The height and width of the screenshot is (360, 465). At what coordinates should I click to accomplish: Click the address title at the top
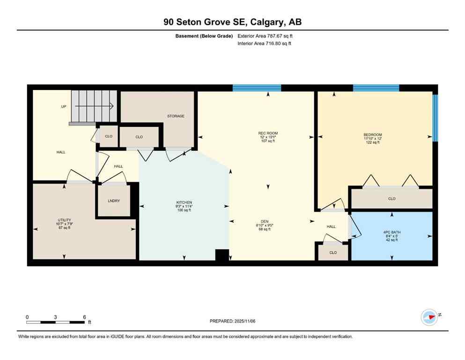[232, 22]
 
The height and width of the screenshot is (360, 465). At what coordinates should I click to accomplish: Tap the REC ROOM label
[268, 133]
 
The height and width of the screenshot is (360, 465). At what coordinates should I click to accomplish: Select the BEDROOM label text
[373, 135]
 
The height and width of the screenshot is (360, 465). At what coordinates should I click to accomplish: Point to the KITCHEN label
[183, 202]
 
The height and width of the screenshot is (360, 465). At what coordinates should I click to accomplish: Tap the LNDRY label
[114, 201]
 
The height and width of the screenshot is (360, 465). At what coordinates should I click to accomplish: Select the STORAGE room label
[176, 116]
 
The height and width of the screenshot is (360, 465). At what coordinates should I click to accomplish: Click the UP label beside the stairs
[64, 106]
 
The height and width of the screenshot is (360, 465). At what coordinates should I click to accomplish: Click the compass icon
[429, 317]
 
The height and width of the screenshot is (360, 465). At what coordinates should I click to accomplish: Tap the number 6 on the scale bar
[84, 317]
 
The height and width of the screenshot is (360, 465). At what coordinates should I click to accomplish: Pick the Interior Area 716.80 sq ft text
[265, 44]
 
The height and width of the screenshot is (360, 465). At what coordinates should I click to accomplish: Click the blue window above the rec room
[257, 88]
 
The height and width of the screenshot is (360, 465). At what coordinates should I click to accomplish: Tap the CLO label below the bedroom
[391, 199]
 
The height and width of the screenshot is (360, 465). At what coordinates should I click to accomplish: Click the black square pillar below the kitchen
[222, 255]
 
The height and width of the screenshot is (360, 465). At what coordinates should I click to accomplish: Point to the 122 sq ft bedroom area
[373, 142]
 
